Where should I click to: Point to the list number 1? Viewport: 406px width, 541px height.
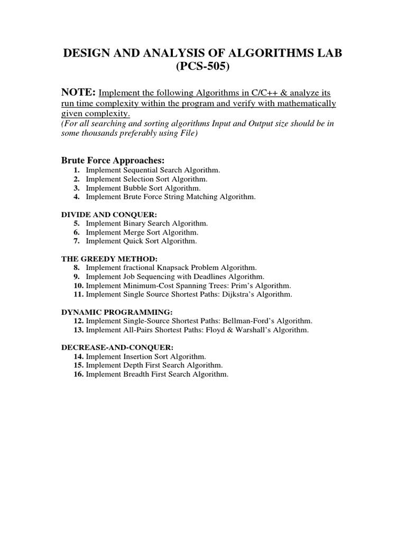click(77, 170)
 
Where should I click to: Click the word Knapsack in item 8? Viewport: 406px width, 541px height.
click(165, 268)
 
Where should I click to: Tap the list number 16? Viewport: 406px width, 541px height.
click(79, 375)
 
